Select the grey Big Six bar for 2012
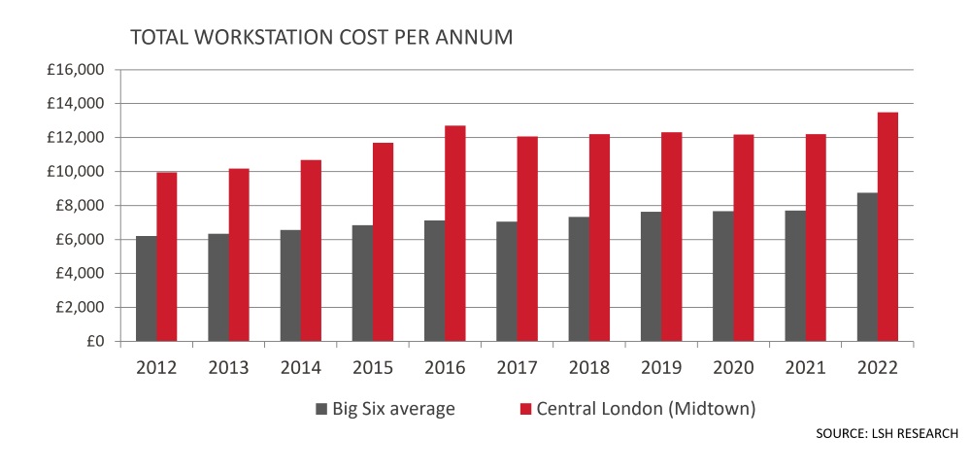pos(146,288)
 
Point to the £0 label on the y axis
pos(94,342)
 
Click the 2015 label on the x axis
pos(373,368)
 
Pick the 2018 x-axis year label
pos(588,368)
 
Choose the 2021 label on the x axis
pos(804,368)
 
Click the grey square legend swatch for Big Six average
pos(321,409)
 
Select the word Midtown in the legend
pos(716,409)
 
